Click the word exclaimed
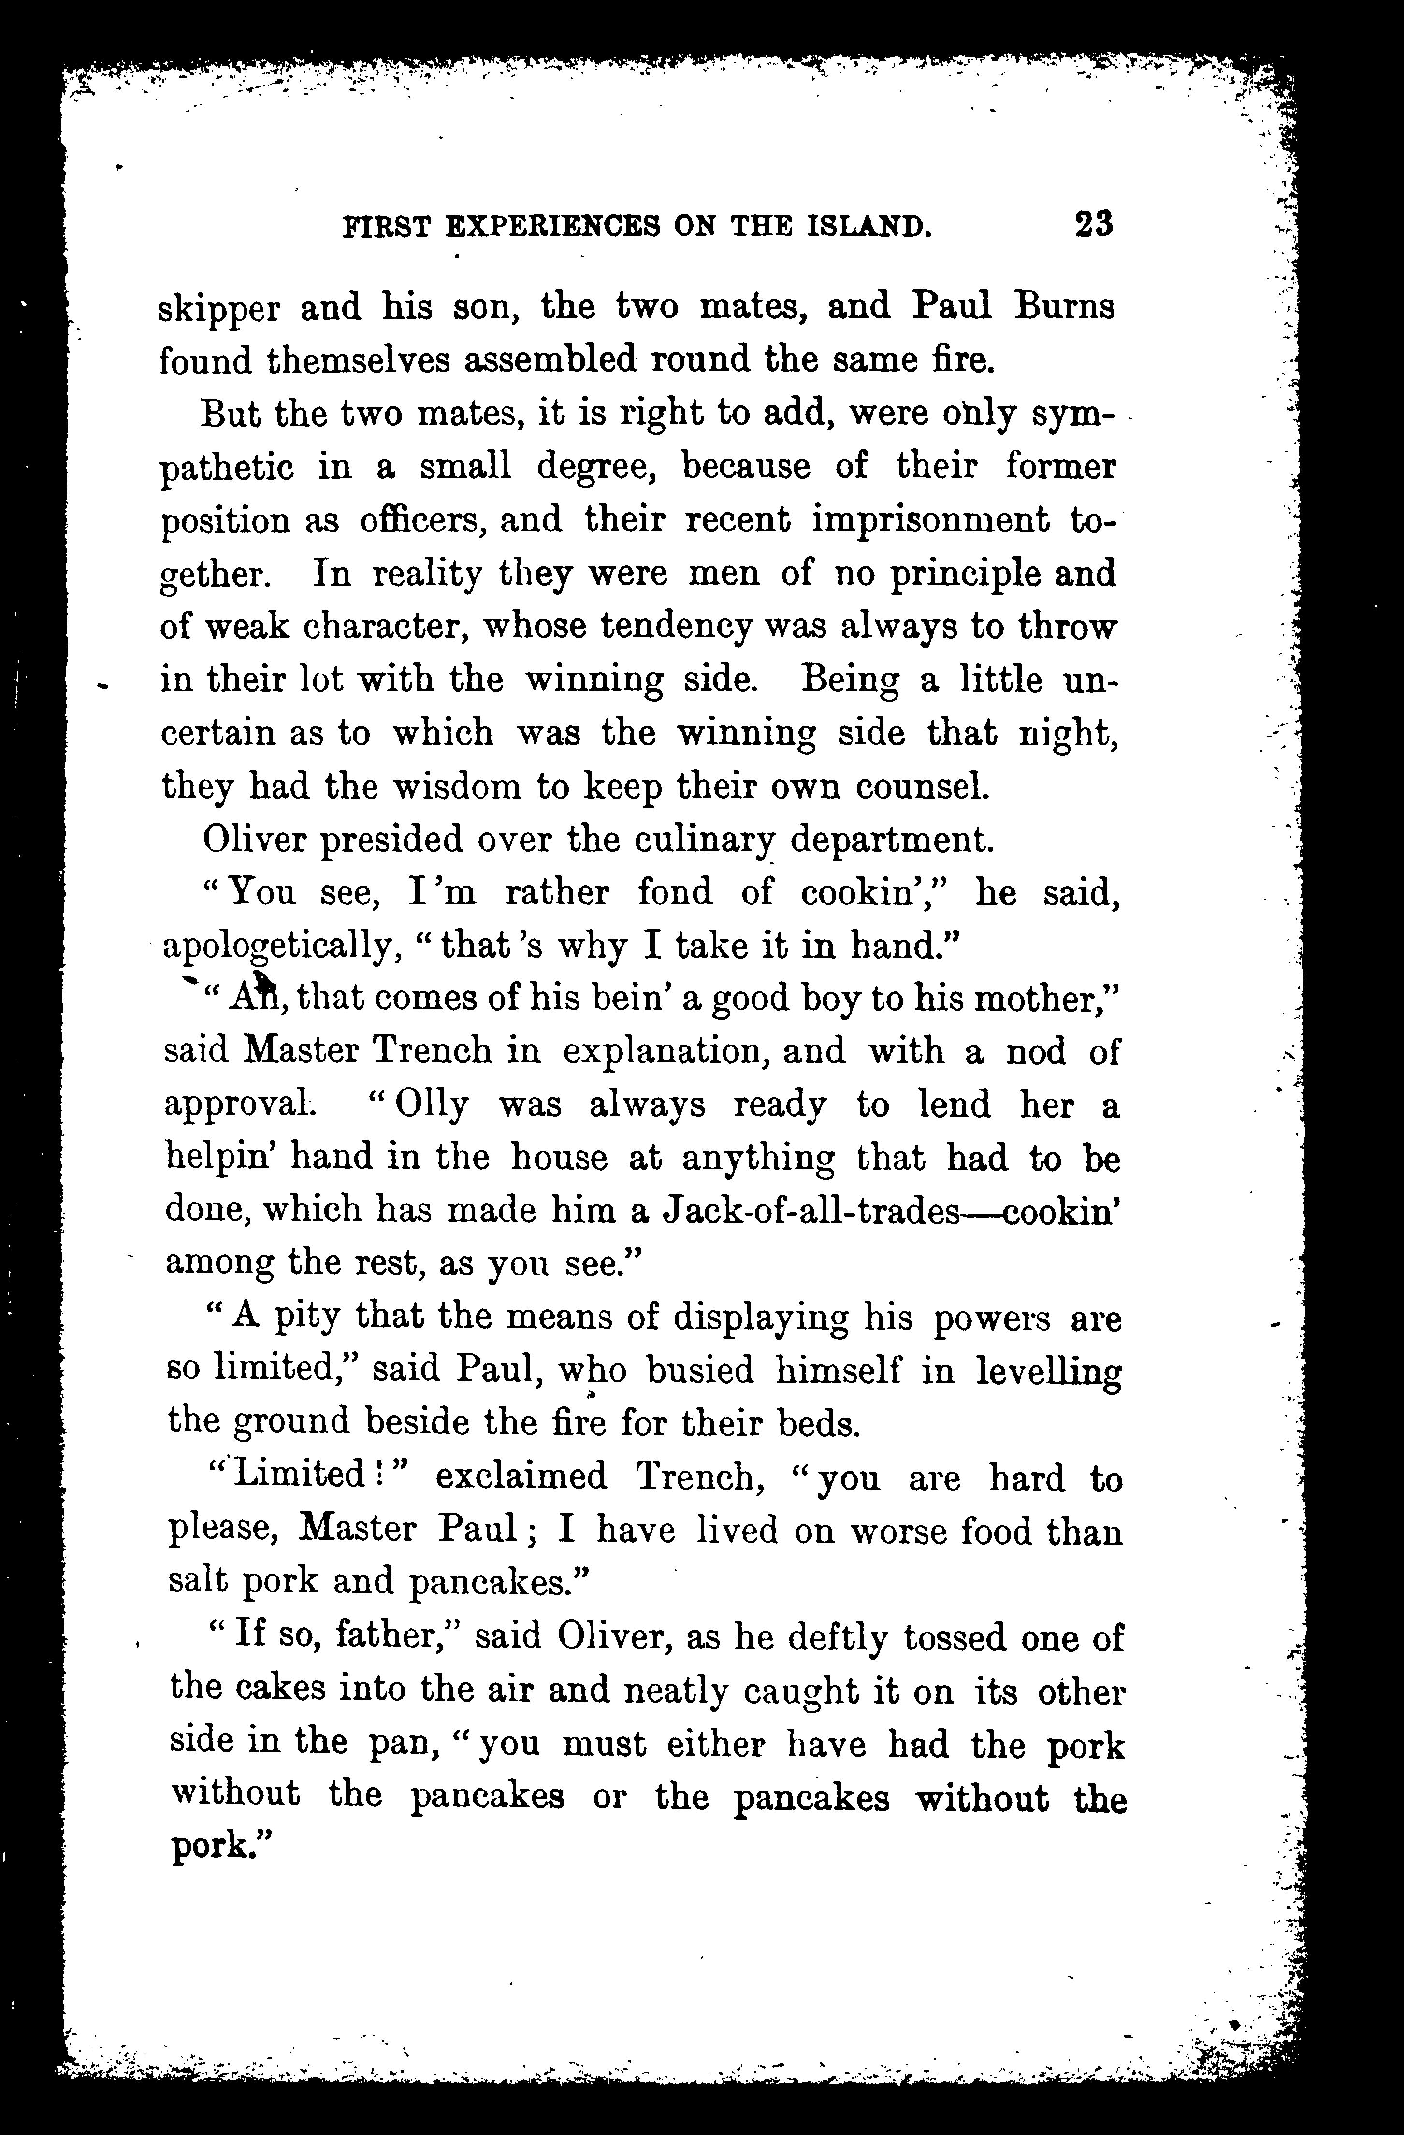pyautogui.click(x=521, y=1476)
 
